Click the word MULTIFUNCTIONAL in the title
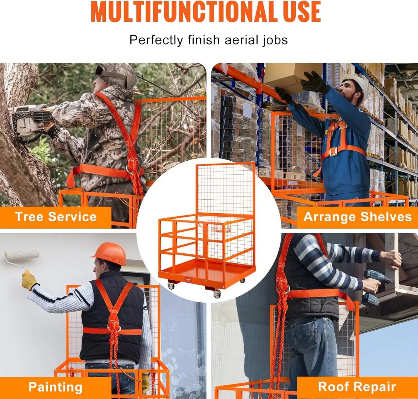(184, 12)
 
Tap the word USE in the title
(302, 12)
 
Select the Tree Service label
(56, 217)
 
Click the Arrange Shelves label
(358, 217)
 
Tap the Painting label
(55, 387)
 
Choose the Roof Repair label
(357, 387)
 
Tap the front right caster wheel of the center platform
(217, 295)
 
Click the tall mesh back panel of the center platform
(225, 189)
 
